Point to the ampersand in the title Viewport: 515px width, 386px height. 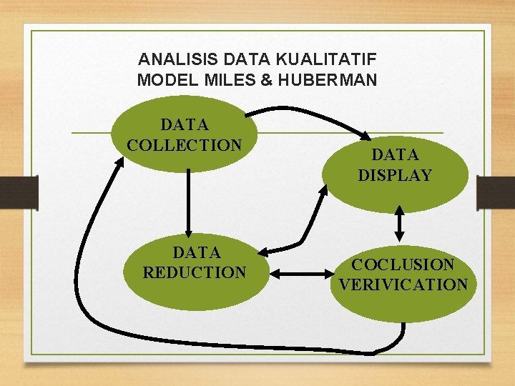point(267,79)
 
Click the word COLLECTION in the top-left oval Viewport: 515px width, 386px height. point(185,145)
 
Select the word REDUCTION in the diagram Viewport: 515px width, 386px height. point(195,272)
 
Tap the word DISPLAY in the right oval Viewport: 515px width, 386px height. point(395,174)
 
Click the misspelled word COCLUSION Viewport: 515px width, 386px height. point(403,264)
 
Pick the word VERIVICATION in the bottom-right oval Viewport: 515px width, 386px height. point(403,284)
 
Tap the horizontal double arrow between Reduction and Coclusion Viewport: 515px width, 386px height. point(298,273)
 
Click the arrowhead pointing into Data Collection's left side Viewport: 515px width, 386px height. point(117,162)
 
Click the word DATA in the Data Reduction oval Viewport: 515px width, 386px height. point(196,252)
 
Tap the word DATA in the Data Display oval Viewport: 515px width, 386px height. point(395,154)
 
